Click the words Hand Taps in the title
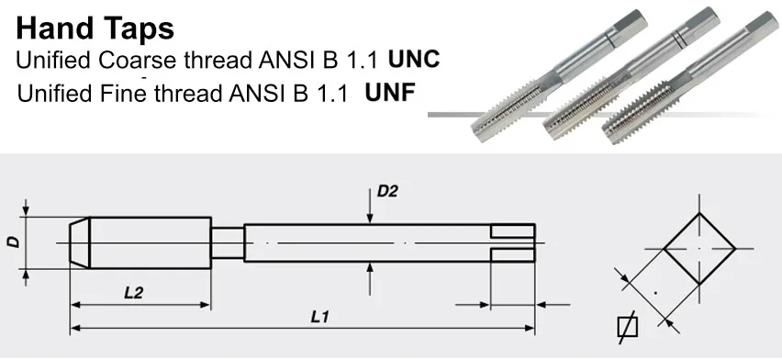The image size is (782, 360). pos(95,28)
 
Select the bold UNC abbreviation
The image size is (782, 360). pos(414,59)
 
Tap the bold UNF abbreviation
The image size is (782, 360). pos(390,92)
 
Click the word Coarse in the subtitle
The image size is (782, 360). pos(137,60)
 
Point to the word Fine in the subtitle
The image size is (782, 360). pos(123,93)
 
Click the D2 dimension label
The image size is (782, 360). pos(387,191)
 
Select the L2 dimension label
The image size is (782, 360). pos(133,292)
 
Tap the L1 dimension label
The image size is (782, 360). pos(319,317)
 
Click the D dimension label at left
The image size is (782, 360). pos(14,242)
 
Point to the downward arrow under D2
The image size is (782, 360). pos(370,206)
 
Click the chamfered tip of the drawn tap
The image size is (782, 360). pos(79,242)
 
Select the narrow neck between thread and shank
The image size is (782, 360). pos(228,242)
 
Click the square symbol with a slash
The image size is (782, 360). pos(628,328)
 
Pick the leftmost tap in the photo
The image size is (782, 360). pos(559,76)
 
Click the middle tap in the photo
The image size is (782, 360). pos(631,73)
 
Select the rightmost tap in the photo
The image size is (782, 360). pos(691,77)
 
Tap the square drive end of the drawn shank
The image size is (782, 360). pos(513,243)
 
